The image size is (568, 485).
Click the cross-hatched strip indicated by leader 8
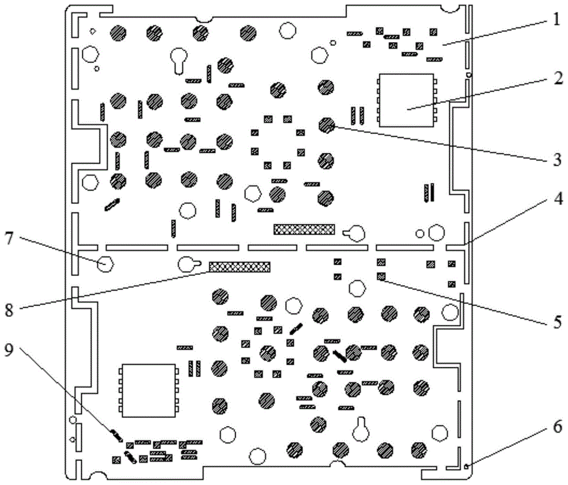(x=240, y=266)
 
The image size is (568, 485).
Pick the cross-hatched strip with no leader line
(x=304, y=229)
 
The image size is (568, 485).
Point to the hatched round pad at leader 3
(x=326, y=124)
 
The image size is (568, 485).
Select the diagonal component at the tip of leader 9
(x=116, y=436)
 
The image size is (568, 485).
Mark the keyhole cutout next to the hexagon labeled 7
(x=189, y=264)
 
